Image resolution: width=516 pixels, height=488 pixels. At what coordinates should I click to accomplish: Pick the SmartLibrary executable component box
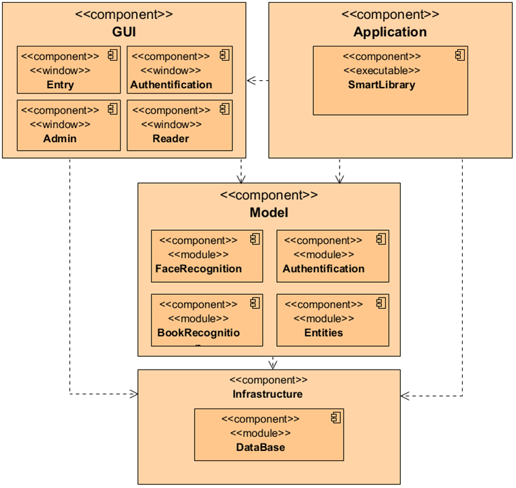[x=391, y=80]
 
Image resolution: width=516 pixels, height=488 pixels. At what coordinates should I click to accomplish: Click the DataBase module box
[x=269, y=434]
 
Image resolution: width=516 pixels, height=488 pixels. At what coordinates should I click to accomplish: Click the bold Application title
[x=390, y=32]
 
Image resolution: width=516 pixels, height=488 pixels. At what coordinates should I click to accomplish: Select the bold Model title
[x=269, y=213]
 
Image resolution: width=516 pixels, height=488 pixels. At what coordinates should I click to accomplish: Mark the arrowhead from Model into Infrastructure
[x=273, y=365]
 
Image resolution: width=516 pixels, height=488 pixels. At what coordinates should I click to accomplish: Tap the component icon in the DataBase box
[x=335, y=418]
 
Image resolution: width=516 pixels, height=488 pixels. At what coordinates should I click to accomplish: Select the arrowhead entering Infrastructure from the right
[x=405, y=396]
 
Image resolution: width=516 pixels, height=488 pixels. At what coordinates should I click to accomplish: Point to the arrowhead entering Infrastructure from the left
[x=133, y=394]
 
